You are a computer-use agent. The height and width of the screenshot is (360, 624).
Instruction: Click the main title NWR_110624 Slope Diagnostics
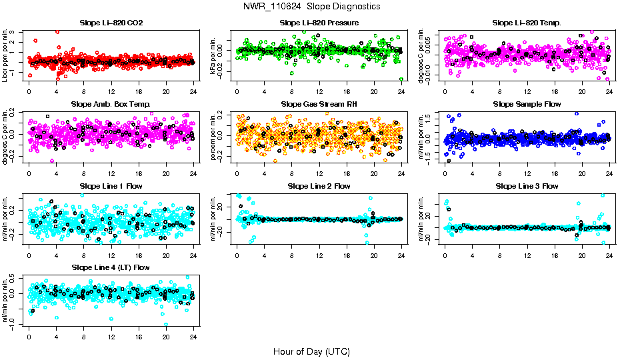click(x=312, y=6)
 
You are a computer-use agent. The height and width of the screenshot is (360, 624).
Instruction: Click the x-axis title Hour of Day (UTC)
click(x=311, y=351)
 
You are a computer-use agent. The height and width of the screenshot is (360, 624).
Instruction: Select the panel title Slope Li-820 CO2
click(x=111, y=23)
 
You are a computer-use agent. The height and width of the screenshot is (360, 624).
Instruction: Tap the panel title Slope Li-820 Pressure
click(x=319, y=23)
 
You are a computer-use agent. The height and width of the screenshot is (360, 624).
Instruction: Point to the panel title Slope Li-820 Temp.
click(x=527, y=23)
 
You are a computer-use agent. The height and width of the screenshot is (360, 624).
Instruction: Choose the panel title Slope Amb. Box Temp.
click(x=111, y=104)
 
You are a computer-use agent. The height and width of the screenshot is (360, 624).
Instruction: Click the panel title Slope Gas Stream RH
click(x=319, y=104)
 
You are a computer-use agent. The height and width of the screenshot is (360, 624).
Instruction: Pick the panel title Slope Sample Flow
click(x=527, y=104)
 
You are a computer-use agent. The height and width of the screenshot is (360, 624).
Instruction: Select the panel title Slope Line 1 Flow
click(x=111, y=186)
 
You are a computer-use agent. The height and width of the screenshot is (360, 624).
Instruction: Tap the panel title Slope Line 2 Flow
click(x=319, y=186)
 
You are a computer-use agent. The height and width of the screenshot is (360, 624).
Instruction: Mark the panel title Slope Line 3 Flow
click(x=527, y=186)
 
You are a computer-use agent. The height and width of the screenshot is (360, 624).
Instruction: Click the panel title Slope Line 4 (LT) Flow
click(x=111, y=267)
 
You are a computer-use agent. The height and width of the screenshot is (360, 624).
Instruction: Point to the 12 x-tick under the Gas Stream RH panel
click(x=319, y=173)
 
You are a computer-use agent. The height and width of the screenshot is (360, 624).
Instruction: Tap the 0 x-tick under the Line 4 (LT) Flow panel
click(x=29, y=336)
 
